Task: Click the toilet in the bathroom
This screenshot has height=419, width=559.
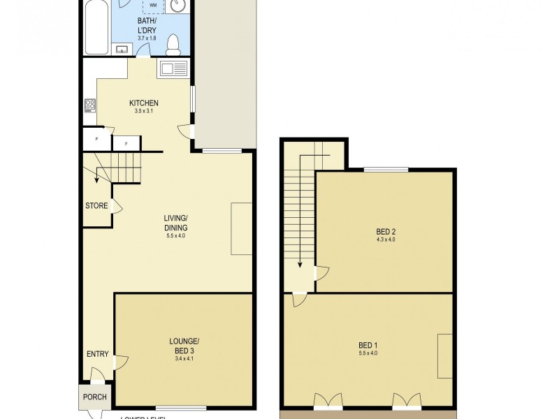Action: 174,43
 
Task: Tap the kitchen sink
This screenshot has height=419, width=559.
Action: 173,69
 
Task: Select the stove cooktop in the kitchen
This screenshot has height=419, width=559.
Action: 89,105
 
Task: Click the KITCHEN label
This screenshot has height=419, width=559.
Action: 144,103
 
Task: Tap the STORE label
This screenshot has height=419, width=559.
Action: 96,206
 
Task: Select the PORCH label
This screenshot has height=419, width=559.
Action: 95,397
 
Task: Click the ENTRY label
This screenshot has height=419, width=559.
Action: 98,354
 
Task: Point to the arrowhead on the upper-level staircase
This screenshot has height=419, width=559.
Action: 300,265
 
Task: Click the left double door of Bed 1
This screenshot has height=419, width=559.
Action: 326,401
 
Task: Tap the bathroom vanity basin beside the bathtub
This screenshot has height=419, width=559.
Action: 122,49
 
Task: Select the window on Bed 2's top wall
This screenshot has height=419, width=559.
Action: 386,169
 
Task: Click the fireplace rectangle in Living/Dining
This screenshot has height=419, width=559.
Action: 242,229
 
